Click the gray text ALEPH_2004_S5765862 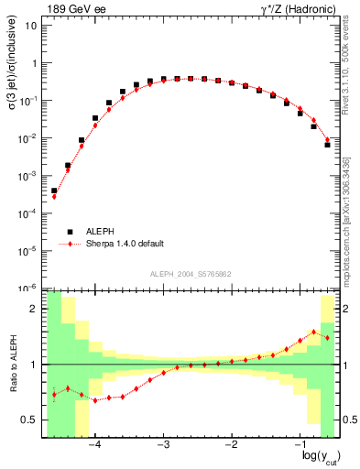coord(190,274)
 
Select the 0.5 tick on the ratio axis coord(29,420)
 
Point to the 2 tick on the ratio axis coord(34,310)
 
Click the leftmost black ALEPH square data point coord(54,191)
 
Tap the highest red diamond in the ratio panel coord(314,332)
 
